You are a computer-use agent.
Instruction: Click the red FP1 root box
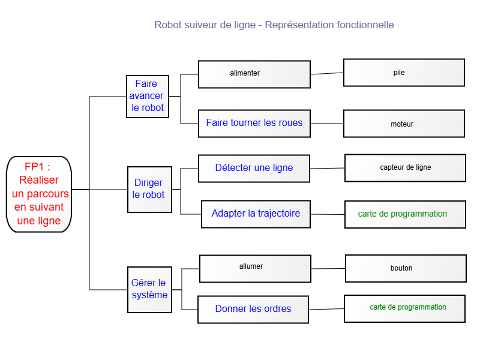pos(39,194)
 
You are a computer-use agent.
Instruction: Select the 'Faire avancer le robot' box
pos(148,97)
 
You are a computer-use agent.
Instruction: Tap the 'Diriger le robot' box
pos(149,190)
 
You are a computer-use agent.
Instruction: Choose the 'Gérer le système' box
pos(149,290)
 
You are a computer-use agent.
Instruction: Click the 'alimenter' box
pos(254,74)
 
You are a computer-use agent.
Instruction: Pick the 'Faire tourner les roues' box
pos(254,124)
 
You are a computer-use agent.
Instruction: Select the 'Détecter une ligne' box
pos(254,169)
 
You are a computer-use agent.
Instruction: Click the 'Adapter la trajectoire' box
pos(256,214)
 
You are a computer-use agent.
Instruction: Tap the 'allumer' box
pos(256,269)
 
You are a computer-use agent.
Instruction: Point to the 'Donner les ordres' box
pos(253,310)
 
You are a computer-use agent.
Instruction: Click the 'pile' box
pos(404,73)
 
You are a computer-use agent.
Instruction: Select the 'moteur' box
pos(404,124)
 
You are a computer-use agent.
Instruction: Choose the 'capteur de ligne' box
pos(406,168)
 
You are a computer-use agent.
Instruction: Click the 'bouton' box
pos(406,268)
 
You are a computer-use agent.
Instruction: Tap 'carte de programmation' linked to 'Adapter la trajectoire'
pos(406,215)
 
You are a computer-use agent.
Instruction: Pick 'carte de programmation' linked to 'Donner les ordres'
pos(404,309)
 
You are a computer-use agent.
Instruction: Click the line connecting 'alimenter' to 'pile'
pos(327,73)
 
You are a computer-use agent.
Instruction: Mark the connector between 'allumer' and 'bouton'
pos(328,269)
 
